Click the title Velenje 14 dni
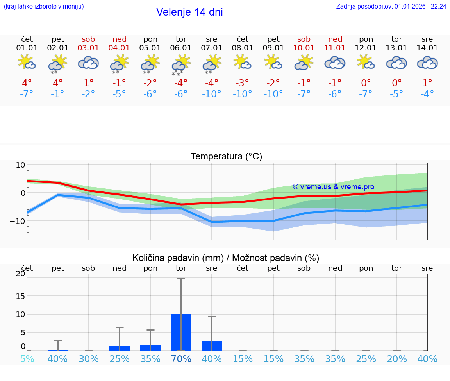point(189,12)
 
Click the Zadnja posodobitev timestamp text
point(391,6)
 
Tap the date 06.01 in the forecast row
point(181,48)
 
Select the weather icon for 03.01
point(88,63)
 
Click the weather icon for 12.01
point(366,62)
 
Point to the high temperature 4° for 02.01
point(57,83)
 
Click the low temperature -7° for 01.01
point(27,94)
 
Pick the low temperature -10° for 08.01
point(243,94)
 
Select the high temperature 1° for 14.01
point(427,83)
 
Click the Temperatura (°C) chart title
point(226,157)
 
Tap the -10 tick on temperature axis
point(18,221)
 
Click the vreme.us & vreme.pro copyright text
point(333,187)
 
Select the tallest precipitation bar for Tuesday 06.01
point(181,332)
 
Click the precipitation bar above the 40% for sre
point(212,345)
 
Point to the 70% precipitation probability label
point(181,359)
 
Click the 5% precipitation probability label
point(27,359)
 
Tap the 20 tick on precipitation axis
point(20,274)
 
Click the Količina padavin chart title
point(226,258)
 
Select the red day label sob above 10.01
point(304,39)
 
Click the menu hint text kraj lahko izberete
point(44,6)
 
